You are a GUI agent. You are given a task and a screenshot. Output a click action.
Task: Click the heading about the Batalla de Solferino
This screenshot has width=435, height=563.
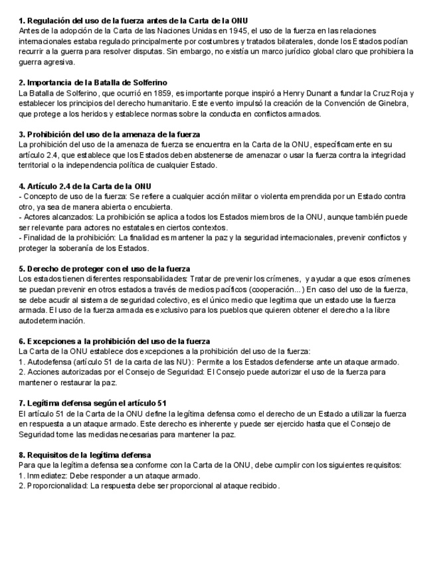(93, 83)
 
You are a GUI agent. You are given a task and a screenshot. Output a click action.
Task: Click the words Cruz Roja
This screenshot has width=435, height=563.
(396, 93)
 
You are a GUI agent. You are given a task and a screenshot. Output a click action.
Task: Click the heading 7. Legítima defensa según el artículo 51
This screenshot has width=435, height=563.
(93, 403)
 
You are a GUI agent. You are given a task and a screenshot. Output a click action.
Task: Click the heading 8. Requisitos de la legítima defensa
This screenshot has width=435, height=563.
(85, 455)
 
